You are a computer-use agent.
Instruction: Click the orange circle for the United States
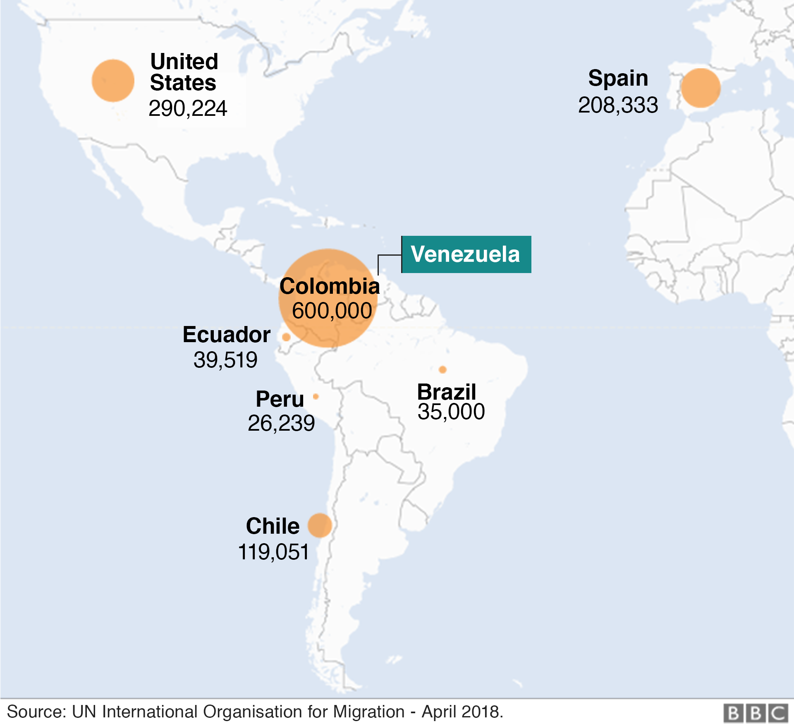pyautogui.click(x=113, y=81)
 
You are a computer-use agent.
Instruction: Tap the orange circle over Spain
pyautogui.click(x=701, y=88)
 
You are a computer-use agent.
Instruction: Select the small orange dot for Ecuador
pyautogui.click(x=286, y=337)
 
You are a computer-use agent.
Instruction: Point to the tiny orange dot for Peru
pyautogui.click(x=316, y=396)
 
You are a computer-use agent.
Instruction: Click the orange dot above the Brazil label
pyautogui.click(x=442, y=369)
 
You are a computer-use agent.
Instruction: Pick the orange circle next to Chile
pyautogui.click(x=320, y=525)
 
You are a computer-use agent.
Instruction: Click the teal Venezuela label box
pyautogui.click(x=466, y=254)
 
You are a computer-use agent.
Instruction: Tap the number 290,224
pyautogui.click(x=188, y=108)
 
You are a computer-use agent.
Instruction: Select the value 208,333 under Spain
pyautogui.click(x=618, y=105)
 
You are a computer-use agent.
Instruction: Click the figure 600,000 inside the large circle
pyautogui.click(x=332, y=311)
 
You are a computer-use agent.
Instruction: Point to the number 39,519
pyautogui.click(x=225, y=360)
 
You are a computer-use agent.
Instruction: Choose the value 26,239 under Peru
pyautogui.click(x=281, y=423)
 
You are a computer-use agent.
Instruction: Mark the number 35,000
pyautogui.click(x=451, y=412)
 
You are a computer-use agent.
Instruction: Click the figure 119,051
pyautogui.click(x=273, y=552)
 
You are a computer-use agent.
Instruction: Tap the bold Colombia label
pyautogui.click(x=330, y=286)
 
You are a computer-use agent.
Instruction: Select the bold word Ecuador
pyautogui.click(x=227, y=335)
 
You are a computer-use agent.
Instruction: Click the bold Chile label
pyautogui.click(x=273, y=526)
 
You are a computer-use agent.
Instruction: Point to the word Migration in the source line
pyautogui.click(x=369, y=712)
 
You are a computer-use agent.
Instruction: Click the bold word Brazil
pyautogui.click(x=447, y=392)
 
